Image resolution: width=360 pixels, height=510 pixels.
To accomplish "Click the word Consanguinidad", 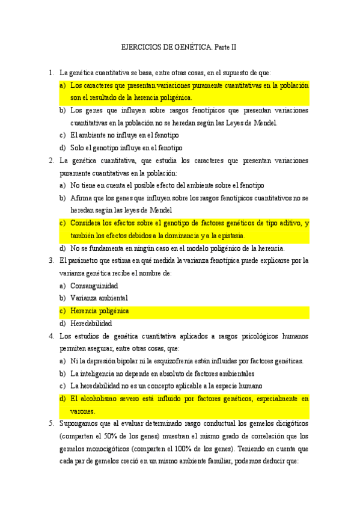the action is point(94,286).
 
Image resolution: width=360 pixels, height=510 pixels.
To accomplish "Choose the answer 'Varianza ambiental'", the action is point(99,298).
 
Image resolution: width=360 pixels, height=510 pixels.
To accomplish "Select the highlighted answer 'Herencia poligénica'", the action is point(100,311).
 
